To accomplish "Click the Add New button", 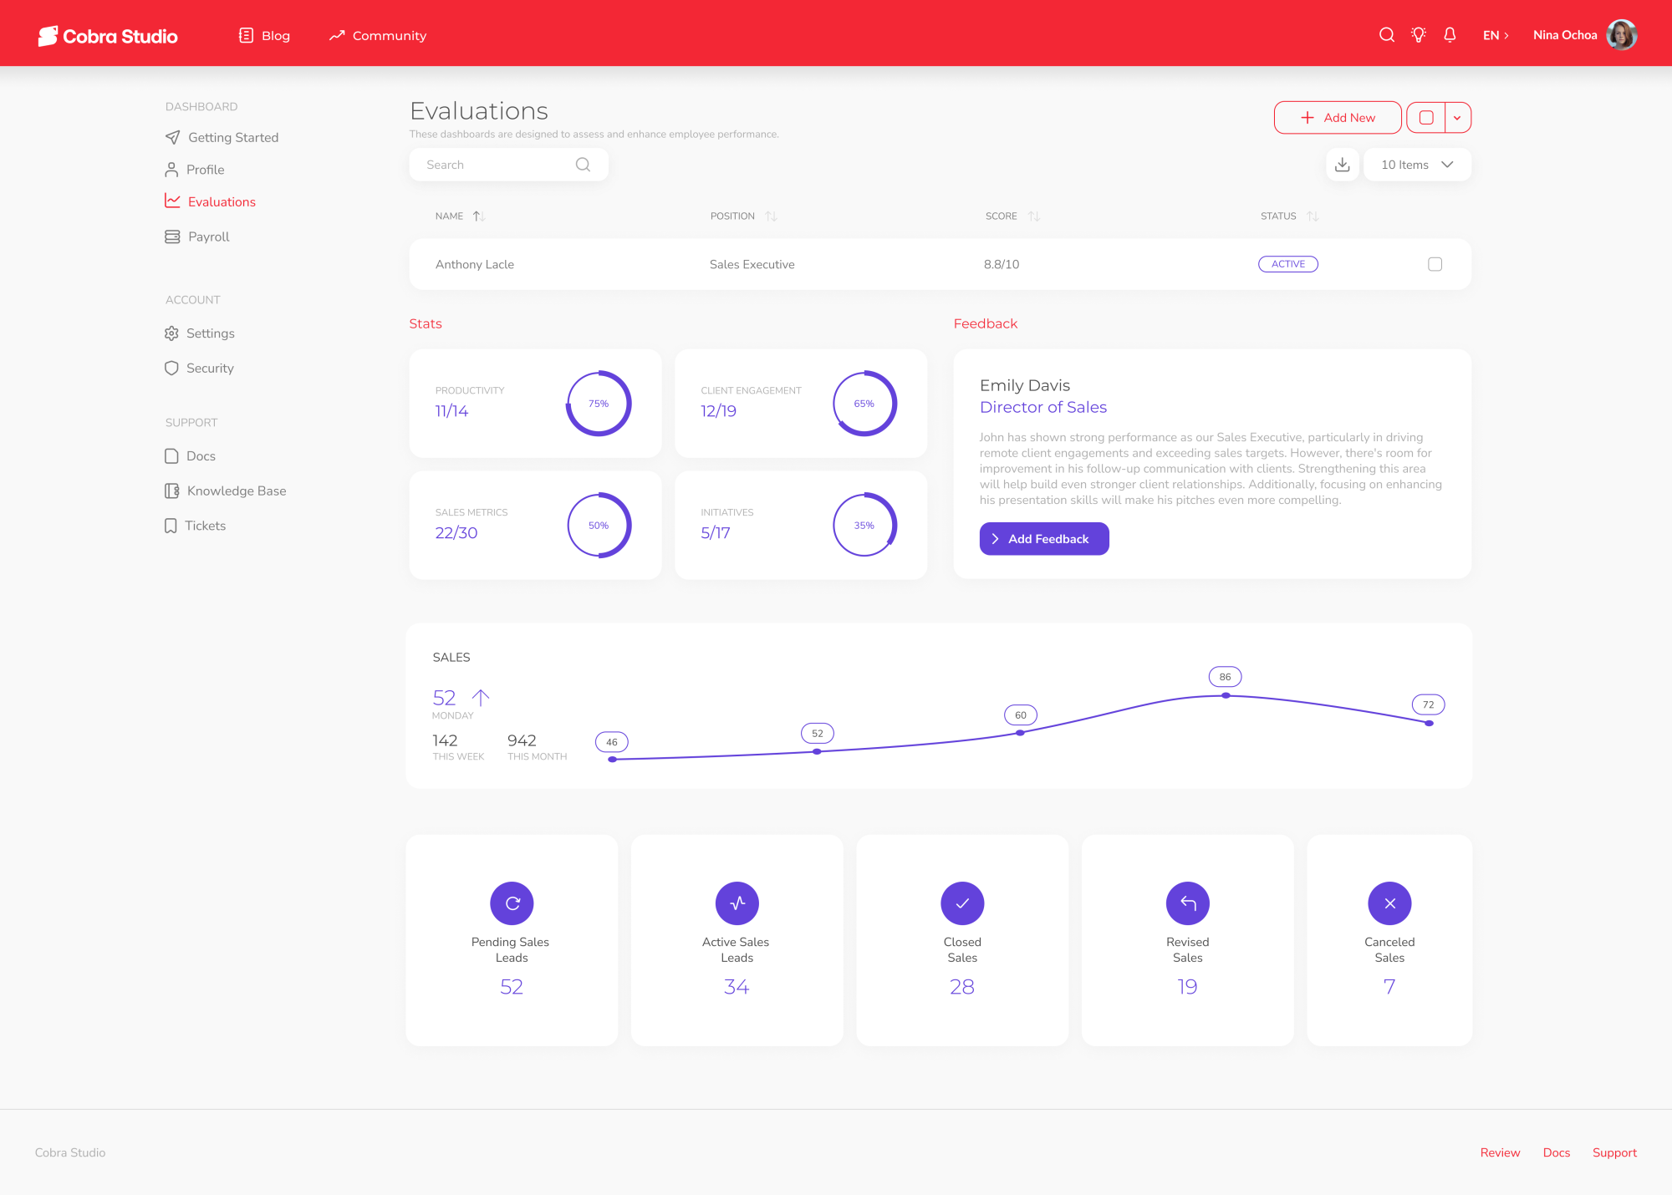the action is point(1338,118).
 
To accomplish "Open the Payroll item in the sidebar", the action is point(197,236).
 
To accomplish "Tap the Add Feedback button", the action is point(1044,539).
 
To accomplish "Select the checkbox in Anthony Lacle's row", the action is point(1435,264).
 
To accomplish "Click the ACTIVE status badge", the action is point(1288,264).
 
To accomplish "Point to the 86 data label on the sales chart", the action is point(1226,677).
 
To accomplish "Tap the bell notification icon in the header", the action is point(1450,35).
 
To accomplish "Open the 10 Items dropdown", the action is point(1417,165).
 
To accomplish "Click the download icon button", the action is point(1343,165).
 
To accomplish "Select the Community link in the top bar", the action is point(378,35).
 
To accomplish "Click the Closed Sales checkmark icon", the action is point(962,903).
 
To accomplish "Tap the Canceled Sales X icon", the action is point(1389,903).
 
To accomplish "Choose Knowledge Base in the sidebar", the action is point(226,491).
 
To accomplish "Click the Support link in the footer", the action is point(1614,1152).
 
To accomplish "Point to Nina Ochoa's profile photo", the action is point(1622,35).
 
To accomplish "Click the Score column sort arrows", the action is point(1034,216).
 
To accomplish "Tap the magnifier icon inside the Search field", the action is point(583,165).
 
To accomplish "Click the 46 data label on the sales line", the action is point(612,742).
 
